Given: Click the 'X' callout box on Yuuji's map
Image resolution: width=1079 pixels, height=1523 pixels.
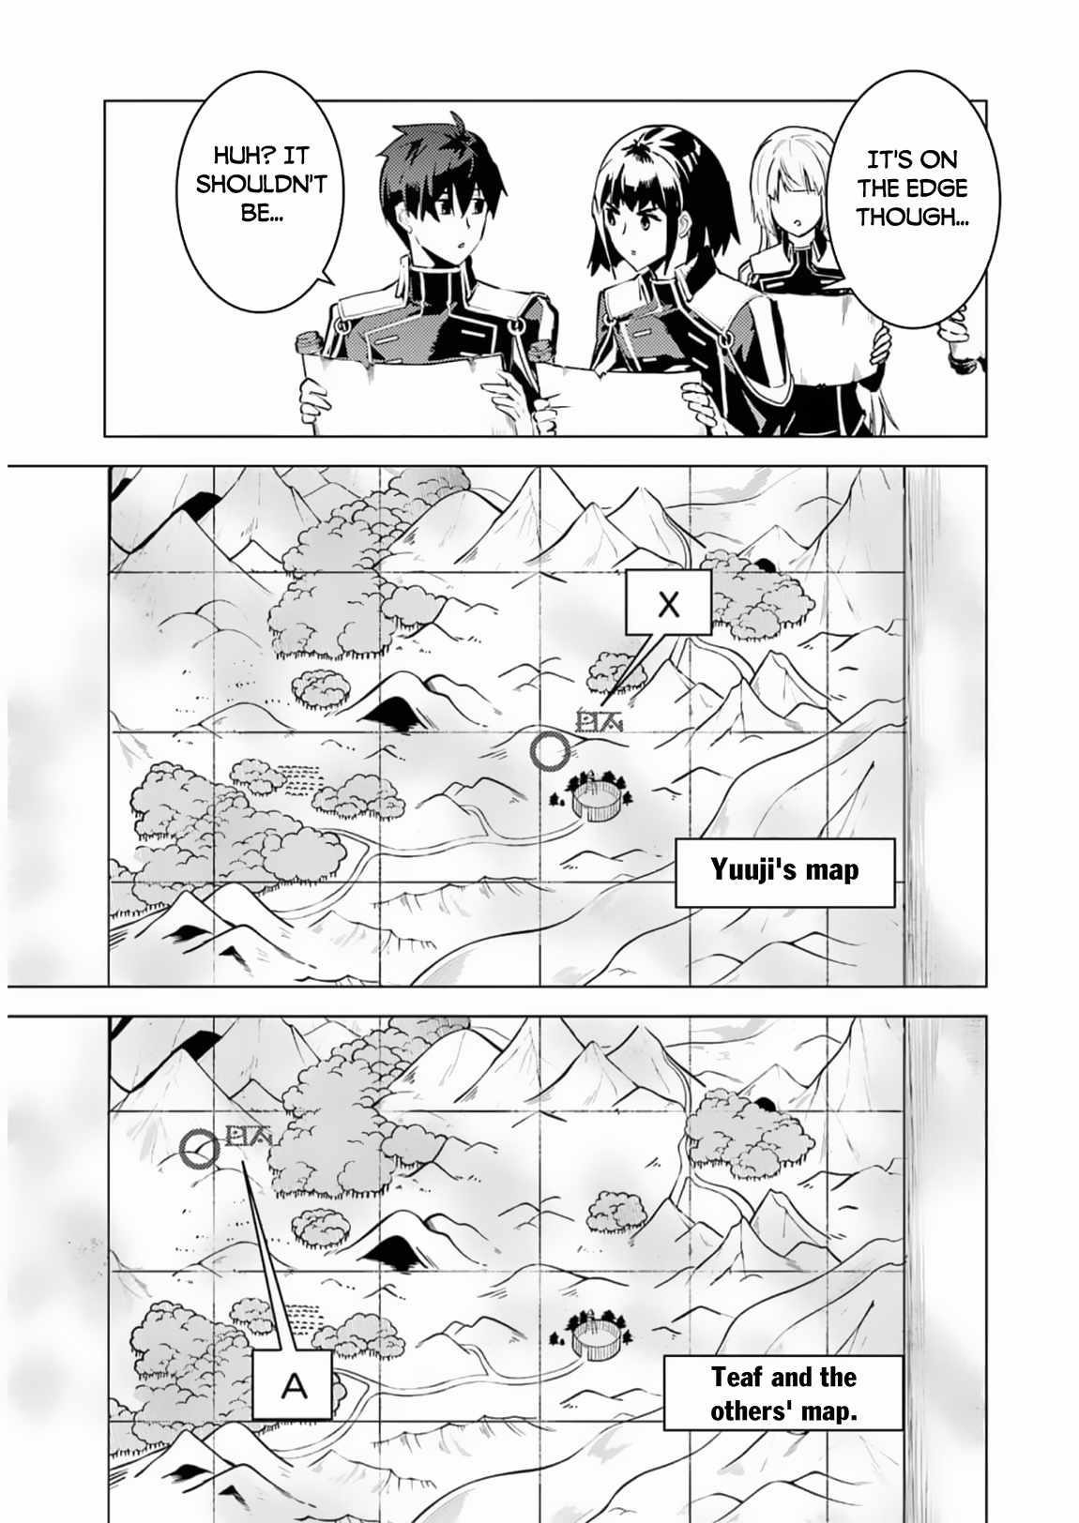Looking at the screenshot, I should tap(668, 604).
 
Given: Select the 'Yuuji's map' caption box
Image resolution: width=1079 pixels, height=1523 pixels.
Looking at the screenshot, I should tap(784, 871).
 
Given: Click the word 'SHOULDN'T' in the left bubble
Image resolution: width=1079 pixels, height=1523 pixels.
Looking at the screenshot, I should tap(261, 183).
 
